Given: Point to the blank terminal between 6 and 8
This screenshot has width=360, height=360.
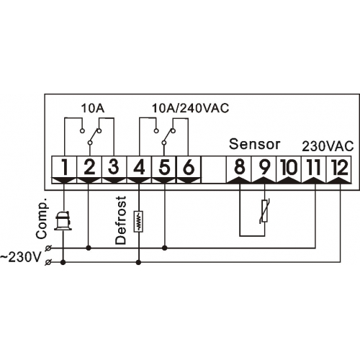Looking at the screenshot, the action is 214,170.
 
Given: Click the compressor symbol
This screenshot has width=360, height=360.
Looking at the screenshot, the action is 63,221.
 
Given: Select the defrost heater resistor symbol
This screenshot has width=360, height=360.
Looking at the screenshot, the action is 138,222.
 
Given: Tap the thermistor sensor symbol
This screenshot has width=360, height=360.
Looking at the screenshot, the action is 264,211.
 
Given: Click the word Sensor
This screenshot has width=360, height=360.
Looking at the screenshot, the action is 255,144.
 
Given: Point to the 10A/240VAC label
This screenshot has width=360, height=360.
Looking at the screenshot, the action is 191,109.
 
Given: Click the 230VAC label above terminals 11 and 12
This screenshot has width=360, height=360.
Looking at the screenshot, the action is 328,146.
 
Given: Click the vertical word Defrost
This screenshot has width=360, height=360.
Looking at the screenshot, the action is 120,220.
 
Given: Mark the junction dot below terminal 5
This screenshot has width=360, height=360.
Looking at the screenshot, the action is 165,248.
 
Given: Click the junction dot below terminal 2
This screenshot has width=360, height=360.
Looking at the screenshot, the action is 89,248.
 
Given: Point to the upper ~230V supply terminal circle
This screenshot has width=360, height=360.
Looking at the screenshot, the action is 48,248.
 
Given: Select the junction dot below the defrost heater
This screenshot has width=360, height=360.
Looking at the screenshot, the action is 138,263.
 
